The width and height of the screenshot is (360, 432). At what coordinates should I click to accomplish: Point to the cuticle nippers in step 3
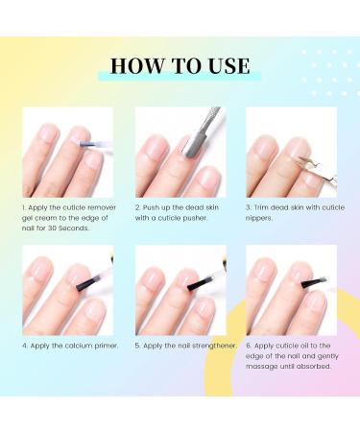pos(318,168)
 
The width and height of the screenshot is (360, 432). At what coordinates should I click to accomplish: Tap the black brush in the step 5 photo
pos(198,283)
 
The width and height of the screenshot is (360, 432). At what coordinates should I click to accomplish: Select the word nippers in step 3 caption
pos(259,218)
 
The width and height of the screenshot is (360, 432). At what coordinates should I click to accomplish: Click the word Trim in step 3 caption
pos(261,207)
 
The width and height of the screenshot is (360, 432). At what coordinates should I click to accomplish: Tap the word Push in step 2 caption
pos(151,207)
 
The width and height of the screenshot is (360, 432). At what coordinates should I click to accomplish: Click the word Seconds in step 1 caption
pos(74,228)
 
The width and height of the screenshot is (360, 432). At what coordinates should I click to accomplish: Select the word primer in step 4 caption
pos(107,346)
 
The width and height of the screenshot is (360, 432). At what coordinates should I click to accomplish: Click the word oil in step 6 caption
pos(305,346)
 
